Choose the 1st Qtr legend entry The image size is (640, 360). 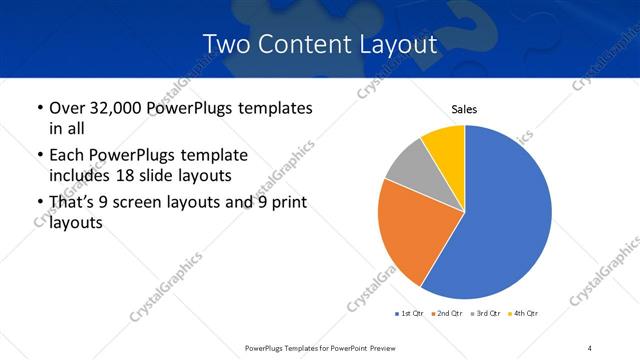click(x=411, y=314)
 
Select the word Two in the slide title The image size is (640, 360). click(x=225, y=45)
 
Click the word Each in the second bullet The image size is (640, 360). click(x=67, y=155)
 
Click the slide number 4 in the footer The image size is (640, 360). click(x=590, y=347)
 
